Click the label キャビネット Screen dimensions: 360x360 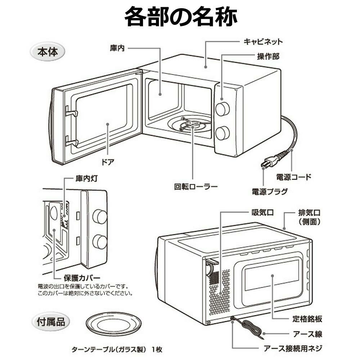[263, 41]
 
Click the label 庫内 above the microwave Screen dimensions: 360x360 [117, 48]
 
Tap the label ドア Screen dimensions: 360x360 [108, 162]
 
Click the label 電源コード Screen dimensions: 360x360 [293, 177]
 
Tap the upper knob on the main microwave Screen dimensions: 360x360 [222, 109]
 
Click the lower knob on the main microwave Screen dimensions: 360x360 [222, 133]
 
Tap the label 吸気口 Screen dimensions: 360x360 [262, 212]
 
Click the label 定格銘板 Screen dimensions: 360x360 [307, 319]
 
